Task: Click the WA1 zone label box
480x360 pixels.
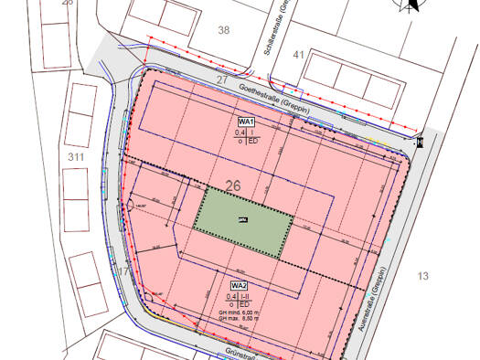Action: coord(247,122)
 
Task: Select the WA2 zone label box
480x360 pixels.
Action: coord(240,286)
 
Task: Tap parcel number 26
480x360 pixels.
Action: coord(233,185)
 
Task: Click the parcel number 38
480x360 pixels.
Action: coord(224,30)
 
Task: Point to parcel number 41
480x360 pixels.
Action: coord(298,56)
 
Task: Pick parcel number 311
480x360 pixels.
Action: coord(76,158)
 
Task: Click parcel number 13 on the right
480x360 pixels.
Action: coord(422,275)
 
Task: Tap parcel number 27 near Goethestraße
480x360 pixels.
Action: coord(222,80)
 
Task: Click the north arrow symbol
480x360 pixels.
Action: coord(409,6)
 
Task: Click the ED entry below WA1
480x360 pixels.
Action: coord(253,142)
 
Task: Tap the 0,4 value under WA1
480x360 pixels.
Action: coord(240,132)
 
